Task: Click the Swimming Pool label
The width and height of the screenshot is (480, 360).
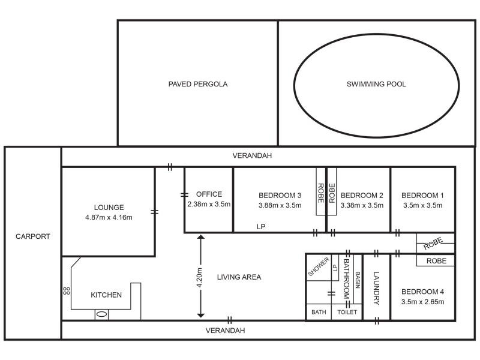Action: [376, 84]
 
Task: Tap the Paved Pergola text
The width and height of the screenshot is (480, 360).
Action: [198, 84]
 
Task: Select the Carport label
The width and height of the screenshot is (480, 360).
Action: [33, 236]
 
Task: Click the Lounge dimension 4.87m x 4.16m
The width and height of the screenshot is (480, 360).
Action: [109, 217]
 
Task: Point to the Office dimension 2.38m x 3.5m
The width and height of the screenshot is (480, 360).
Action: [209, 205]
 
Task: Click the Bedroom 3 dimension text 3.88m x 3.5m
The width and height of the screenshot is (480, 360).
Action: [280, 205]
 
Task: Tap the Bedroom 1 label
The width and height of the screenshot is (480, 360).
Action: [422, 195]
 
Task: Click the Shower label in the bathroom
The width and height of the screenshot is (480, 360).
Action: [319, 267]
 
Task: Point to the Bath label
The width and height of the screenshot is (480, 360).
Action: [319, 313]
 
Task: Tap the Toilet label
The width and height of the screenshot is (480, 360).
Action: [347, 313]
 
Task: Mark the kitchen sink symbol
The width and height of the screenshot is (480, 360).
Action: [101, 313]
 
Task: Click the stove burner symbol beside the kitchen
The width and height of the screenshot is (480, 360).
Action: [66, 291]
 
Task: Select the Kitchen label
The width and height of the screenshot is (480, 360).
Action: [106, 295]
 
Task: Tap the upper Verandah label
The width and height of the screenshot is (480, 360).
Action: [252, 155]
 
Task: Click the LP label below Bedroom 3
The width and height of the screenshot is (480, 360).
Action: [260, 227]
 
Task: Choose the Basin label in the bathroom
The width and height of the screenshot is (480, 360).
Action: [358, 280]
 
